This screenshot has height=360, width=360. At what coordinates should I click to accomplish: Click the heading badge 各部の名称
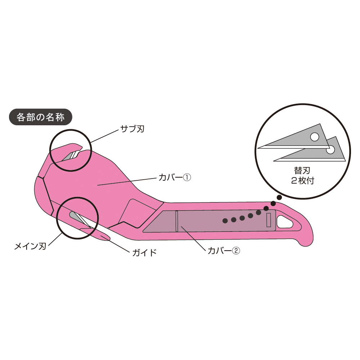[x=40, y=117]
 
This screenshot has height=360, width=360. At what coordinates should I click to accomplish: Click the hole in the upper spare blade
[x=315, y=137]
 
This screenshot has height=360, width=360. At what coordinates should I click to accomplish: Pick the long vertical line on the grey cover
[x=177, y=221]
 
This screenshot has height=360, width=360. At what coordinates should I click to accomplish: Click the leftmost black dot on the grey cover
[x=225, y=220]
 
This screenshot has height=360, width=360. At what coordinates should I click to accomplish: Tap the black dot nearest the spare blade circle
[x=279, y=198]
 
